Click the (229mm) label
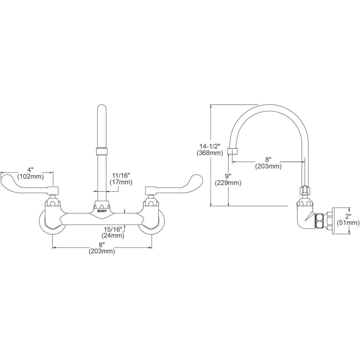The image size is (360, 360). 228,183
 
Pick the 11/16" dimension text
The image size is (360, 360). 120,175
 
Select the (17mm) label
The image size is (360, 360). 120,182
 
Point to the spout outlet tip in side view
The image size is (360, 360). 232,152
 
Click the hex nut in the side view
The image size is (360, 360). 320,220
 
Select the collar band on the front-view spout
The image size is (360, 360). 102,152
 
